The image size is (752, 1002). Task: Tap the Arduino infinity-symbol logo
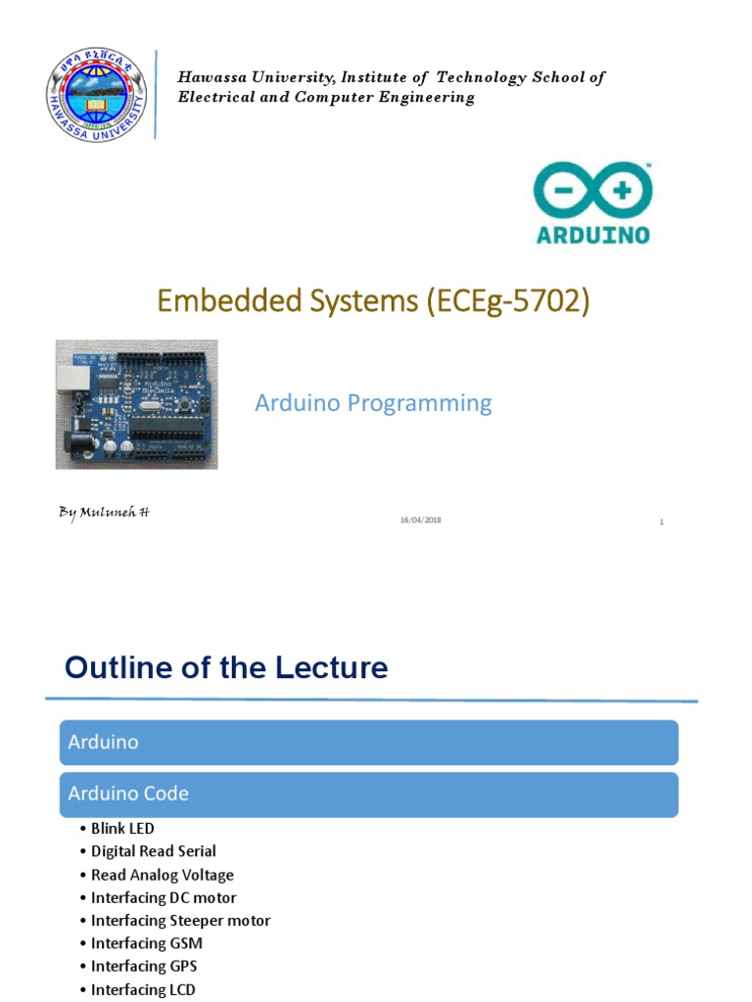click(592, 191)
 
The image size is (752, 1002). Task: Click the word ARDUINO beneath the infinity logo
click(592, 235)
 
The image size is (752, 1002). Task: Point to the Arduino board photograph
click(136, 403)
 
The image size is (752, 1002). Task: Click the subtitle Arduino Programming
click(373, 402)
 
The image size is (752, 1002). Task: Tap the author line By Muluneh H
click(103, 513)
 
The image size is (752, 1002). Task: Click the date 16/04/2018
click(420, 521)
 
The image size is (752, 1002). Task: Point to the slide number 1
click(662, 523)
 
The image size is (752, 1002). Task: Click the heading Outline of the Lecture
click(226, 668)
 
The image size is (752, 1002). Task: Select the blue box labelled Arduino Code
click(368, 794)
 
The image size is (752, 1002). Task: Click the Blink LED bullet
click(122, 829)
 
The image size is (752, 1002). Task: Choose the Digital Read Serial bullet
click(153, 851)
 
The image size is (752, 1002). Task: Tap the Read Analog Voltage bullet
click(162, 875)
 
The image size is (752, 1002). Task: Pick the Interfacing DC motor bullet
click(163, 897)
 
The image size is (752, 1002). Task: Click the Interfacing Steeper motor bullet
click(180, 921)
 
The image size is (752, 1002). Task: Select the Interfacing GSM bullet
click(147, 943)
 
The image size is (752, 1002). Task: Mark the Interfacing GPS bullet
click(144, 967)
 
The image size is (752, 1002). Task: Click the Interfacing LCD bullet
click(143, 989)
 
